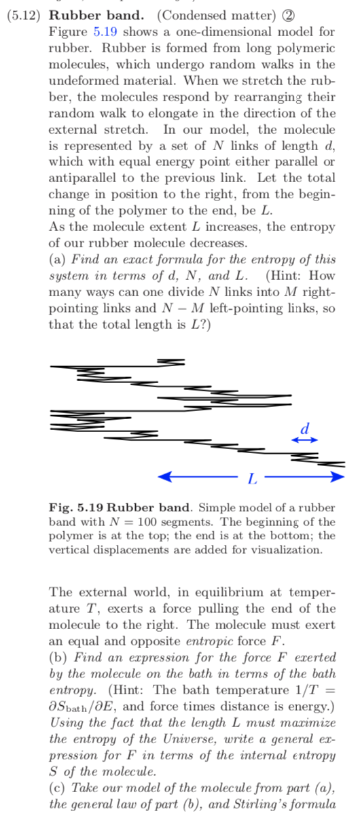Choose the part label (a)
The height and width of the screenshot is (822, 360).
coord(57,259)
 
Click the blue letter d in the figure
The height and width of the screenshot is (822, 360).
coord(305,429)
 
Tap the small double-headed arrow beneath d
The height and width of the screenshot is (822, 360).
coord(304,441)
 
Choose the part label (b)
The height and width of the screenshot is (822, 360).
coord(58,657)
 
